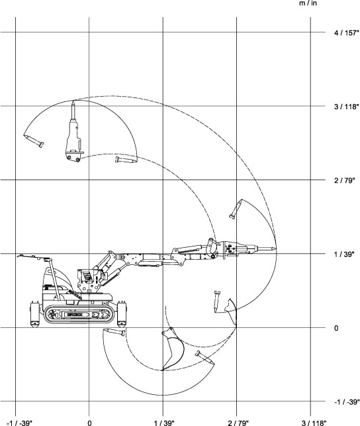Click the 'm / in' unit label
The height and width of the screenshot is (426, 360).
(308, 3)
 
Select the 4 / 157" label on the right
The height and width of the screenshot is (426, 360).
(347, 33)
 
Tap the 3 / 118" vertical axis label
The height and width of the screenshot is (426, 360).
(347, 107)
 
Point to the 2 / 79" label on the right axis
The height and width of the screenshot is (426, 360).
(345, 180)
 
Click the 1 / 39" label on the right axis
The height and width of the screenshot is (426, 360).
(344, 254)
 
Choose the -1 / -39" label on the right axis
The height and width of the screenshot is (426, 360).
(347, 402)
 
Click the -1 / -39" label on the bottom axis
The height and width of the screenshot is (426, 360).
(19, 423)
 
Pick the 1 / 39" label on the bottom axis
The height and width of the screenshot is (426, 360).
(164, 423)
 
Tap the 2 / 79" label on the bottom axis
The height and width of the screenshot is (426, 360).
(238, 423)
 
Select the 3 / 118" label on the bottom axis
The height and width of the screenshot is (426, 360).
(314, 423)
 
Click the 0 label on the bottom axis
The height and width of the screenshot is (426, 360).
(89, 423)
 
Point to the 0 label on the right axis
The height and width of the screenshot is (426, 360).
(336, 328)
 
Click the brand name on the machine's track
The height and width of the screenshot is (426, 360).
(75, 315)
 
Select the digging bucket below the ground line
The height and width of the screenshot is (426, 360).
(173, 349)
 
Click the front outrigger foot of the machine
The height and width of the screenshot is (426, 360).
(122, 314)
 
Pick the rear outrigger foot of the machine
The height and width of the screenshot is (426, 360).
(34, 314)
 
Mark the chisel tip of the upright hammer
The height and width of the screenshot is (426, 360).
(73, 102)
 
